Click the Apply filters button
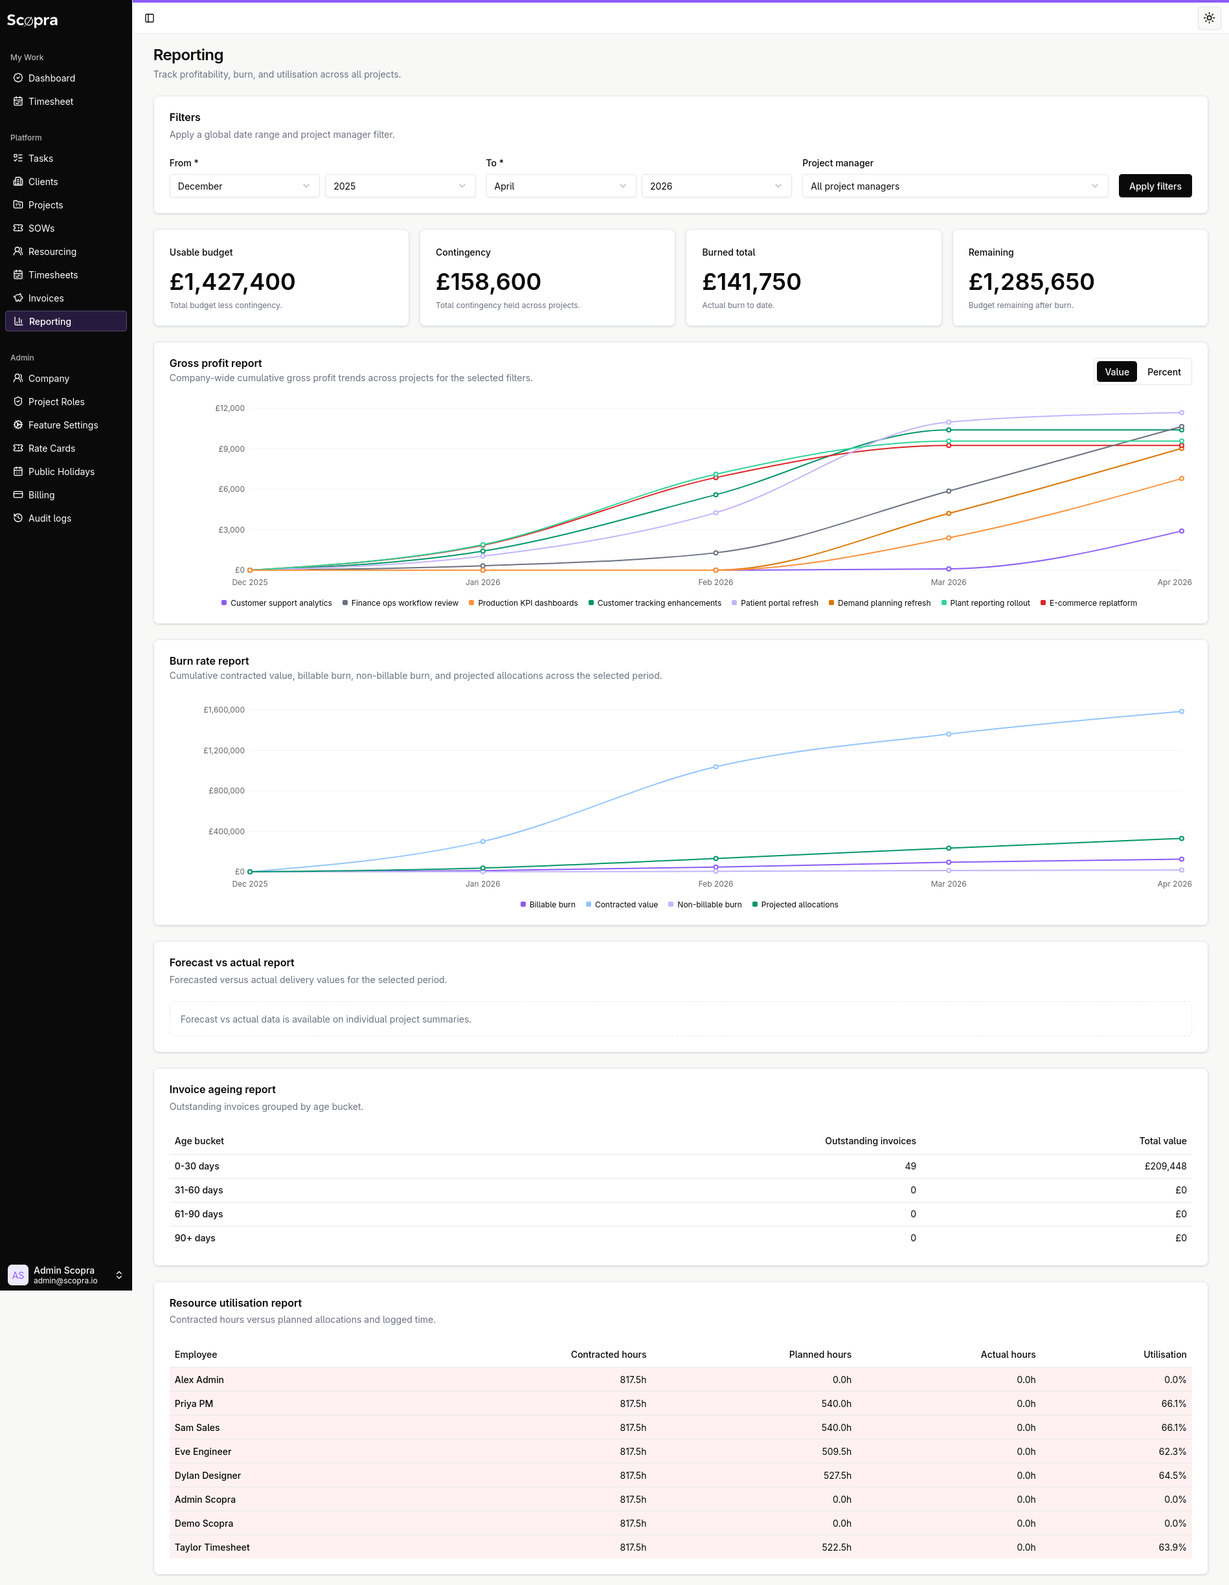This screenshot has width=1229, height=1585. (x=1155, y=186)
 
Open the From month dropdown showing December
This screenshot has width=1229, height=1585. (x=244, y=186)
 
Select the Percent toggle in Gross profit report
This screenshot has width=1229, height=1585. (x=1163, y=371)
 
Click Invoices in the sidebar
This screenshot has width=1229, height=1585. (x=46, y=298)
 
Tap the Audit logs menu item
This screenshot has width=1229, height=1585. (x=49, y=518)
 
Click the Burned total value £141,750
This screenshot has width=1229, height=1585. (x=750, y=282)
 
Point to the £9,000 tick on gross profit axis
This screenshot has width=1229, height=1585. (x=232, y=449)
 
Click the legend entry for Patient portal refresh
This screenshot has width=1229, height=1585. (x=778, y=603)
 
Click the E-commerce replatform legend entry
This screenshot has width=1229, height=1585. (x=1092, y=603)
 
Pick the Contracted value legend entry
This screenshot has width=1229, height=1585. (x=625, y=904)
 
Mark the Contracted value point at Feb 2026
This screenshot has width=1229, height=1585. (x=715, y=766)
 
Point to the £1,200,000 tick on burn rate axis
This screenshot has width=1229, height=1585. (x=223, y=750)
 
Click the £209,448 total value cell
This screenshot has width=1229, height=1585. (x=1164, y=1166)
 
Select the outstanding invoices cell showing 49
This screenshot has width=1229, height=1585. (x=910, y=1166)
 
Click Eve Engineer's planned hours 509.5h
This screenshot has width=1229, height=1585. (x=836, y=1452)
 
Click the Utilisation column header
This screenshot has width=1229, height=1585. (x=1164, y=1354)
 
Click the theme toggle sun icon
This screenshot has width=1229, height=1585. (x=1209, y=18)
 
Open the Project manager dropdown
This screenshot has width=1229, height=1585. (x=954, y=186)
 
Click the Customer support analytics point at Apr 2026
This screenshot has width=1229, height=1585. (x=1181, y=531)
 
